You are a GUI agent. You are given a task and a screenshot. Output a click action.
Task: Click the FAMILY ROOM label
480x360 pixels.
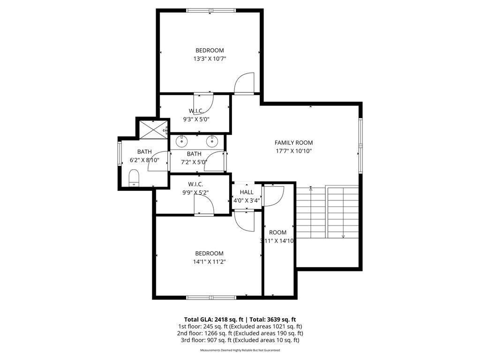point(293,142)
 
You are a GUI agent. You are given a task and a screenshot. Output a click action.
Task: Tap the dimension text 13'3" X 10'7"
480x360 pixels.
point(210,59)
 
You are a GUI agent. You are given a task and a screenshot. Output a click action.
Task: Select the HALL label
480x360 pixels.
point(247,192)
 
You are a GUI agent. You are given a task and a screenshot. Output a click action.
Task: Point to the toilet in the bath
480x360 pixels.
point(134,178)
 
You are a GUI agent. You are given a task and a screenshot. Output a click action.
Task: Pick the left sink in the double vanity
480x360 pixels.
point(182,141)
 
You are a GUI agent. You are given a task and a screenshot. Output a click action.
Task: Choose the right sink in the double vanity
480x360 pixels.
point(212,141)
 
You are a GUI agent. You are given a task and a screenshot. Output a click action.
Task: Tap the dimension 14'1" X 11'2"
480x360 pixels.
point(210,262)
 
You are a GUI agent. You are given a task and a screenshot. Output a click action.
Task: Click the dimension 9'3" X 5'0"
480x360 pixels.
point(196,120)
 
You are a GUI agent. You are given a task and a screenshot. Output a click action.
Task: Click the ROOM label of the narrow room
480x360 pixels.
point(277,232)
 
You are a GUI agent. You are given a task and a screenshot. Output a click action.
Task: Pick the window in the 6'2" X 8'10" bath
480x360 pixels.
point(120,154)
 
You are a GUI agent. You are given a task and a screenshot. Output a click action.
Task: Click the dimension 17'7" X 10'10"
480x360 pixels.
point(293,151)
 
